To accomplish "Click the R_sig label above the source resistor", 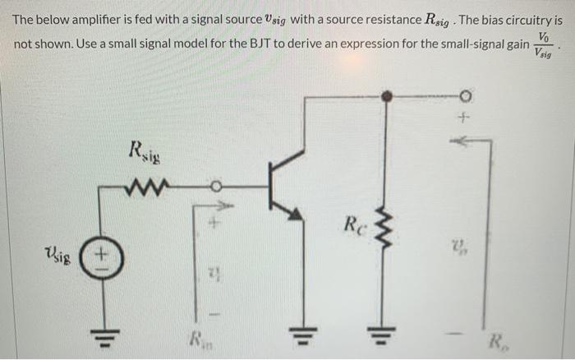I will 146,151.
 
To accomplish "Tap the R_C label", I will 355,224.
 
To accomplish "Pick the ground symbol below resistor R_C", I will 384,336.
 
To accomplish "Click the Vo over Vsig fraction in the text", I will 543,44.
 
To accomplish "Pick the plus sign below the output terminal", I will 464,120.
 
